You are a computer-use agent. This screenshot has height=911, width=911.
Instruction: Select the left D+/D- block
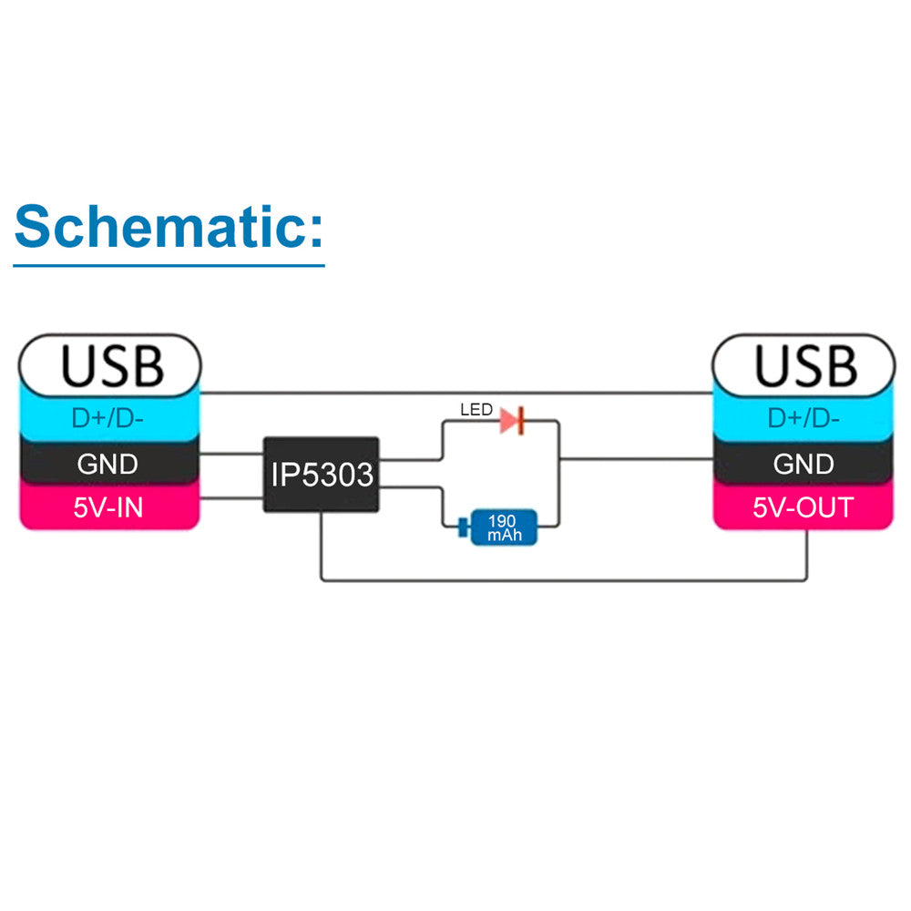pyautogui.click(x=110, y=418)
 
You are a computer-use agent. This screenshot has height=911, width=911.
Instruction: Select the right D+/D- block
pyautogui.click(x=804, y=418)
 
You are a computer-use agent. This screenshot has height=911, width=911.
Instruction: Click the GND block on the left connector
pyautogui.click(x=110, y=464)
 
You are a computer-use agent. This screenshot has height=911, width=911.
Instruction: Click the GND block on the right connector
pyautogui.click(x=804, y=464)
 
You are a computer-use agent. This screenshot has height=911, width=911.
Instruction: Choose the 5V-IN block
pyautogui.click(x=110, y=507)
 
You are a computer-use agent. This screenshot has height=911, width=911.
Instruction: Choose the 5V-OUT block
pyautogui.click(x=804, y=507)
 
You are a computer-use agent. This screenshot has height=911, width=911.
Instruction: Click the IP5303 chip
pyautogui.click(x=322, y=474)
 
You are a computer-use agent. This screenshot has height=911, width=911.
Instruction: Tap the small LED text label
pyautogui.click(x=476, y=411)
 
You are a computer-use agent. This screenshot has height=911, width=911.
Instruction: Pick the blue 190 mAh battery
pyautogui.click(x=504, y=527)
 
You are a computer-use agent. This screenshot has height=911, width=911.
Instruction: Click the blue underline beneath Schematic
pyautogui.click(x=169, y=266)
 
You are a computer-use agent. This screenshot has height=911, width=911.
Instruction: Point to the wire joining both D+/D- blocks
pyautogui.click(x=455, y=394)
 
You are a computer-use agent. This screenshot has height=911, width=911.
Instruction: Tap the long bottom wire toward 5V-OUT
pyautogui.click(x=565, y=579)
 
